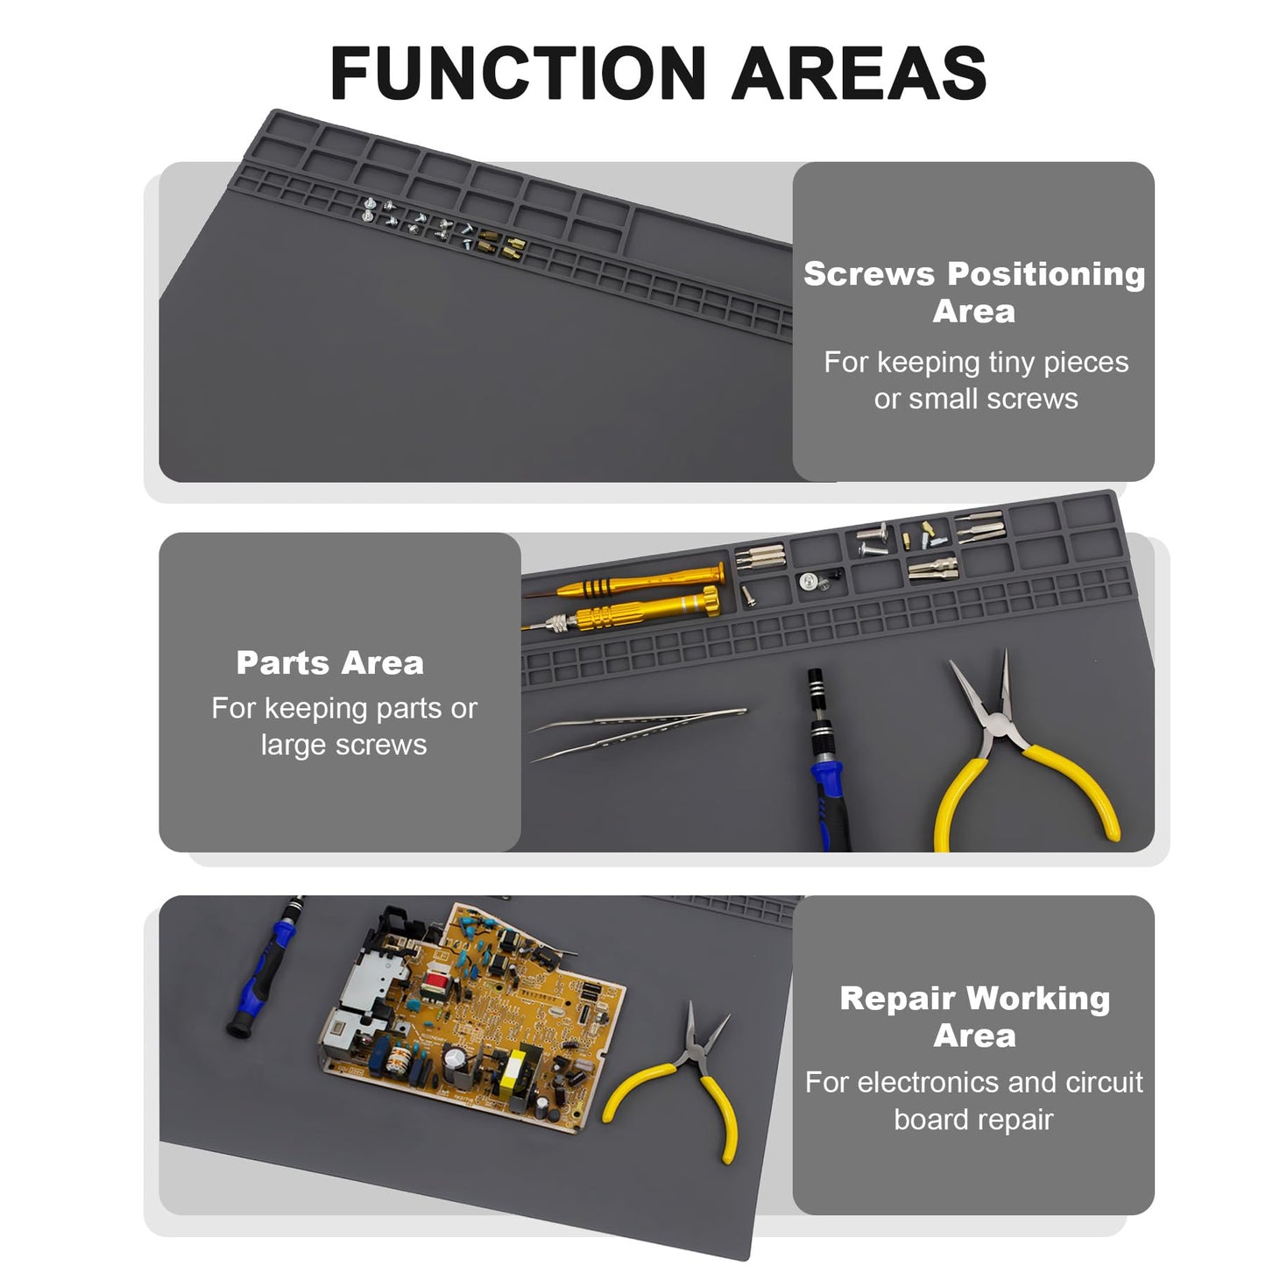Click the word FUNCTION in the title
(518, 74)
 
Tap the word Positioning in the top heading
(1046, 274)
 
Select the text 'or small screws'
(975, 399)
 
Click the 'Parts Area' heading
(329, 663)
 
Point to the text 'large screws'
(343, 745)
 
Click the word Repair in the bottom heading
(897, 999)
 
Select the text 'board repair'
(973, 1120)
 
